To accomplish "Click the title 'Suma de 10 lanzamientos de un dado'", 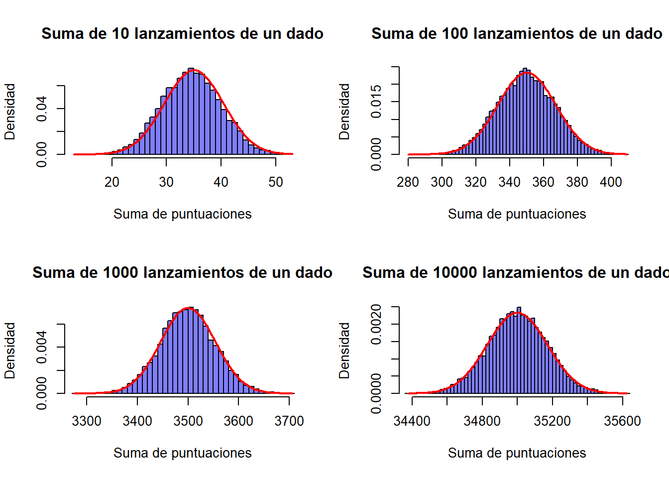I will [182, 34].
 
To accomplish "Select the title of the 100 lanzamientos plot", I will [517, 34].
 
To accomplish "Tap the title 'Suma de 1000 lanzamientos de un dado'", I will [182, 273].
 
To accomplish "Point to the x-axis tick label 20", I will [112, 182].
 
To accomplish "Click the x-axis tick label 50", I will [276, 182].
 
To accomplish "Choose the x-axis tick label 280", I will [408, 182].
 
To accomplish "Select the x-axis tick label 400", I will [611, 182].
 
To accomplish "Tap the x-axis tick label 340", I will [509, 182].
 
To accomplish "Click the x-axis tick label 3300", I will [87, 421].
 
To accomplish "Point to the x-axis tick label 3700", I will [289, 421].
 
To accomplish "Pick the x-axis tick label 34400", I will [412, 421].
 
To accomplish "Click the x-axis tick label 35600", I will [622, 421].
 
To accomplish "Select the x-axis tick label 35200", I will [552, 421].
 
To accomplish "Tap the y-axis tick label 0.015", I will [376, 102].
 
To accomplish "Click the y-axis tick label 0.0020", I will [376, 324].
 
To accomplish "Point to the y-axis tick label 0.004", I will [42, 347].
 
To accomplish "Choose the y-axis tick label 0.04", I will [42, 109].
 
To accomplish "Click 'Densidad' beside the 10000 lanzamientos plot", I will [344, 351].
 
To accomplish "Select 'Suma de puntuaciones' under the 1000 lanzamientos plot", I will [182, 453].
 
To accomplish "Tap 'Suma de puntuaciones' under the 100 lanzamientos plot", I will [517, 214].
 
